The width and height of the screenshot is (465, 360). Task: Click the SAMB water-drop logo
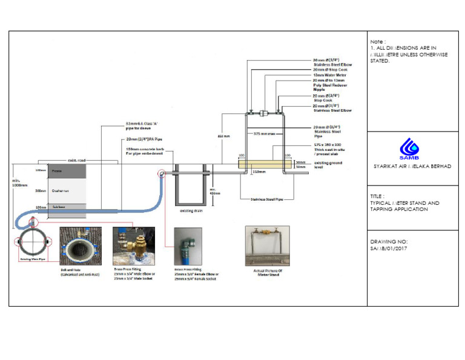pyautogui.click(x=409, y=147)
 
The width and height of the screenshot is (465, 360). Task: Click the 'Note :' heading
pyautogui.click(x=378, y=42)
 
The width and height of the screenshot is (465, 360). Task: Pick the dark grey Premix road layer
pyautogui.click(x=67, y=171)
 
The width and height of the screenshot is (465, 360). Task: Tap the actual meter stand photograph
pyautogui.click(x=267, y=245)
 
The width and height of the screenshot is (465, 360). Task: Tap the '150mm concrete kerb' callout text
pyautogui.click(x=144, y=151)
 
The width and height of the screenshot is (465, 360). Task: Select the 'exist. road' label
pyautogui.click(x=77, y=160)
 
